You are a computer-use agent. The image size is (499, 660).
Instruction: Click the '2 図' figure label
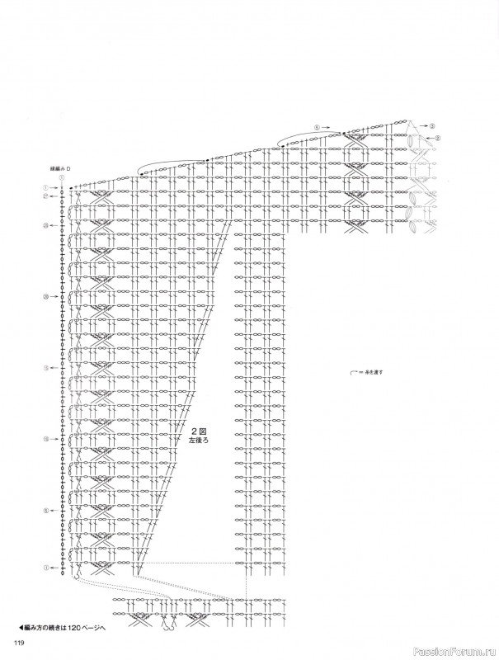pyautogui.click(x=198, y=431)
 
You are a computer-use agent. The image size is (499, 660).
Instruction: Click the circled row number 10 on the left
pyautogui.click(x=46, y=439)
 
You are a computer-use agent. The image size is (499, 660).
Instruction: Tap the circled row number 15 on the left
pyautogui.click(x=46, y=368)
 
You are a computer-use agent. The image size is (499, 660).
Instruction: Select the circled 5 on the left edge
pyautogui.click(x=46, y=511)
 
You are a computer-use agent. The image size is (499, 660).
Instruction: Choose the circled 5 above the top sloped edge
pyautogui.click(x=316, y=128)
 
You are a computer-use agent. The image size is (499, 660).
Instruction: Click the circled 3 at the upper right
pyautogui.click(x=432, y=125)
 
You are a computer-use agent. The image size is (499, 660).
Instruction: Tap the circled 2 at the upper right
pyautogui.click(x=438, y=138)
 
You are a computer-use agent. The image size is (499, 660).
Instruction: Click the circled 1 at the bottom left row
pyautogui.click(x=46, y=568)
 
